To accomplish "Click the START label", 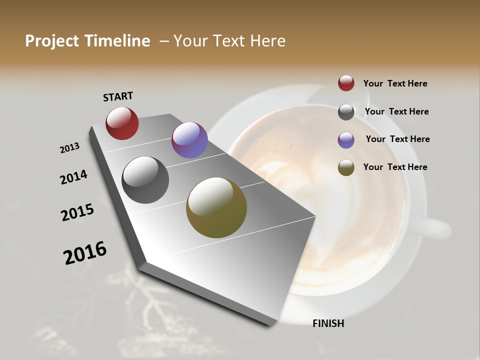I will pyautogui.click(x=118, y=96).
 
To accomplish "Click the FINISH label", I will pyautogui.click(x=328, y=323).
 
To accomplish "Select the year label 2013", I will pyautogui.click(x=69, y=148).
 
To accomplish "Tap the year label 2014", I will pyautogui.click(x=73, y=177).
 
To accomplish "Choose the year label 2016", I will pyautogui.click(x=85, y=253).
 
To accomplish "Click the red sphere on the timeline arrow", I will pyautogui.click(x=122, y=123).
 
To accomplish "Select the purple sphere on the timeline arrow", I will pyautogui.click(x=189, y=140).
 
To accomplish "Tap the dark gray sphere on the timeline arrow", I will pyautogui.click(x=145, y=180).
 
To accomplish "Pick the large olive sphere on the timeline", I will pyautogui.click(x=216, y=207).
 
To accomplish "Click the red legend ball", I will pyautogui.click(x=346, y=83).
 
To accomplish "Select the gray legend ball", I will pyautogui.click(x=346, y=112).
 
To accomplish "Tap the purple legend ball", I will pyautogui.click(x=346, y=140).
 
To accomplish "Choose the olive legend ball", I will pyautogui.click(x=346, y=167).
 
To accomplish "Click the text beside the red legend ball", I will pyautogui.click(x=395, y=83).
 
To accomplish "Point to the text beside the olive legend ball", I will pyautogui.click(x=395, y=167).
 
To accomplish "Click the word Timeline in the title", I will pyautogui.click(x=117, y=41).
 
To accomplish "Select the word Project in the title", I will pyautogui.click(x=51, y=41).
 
